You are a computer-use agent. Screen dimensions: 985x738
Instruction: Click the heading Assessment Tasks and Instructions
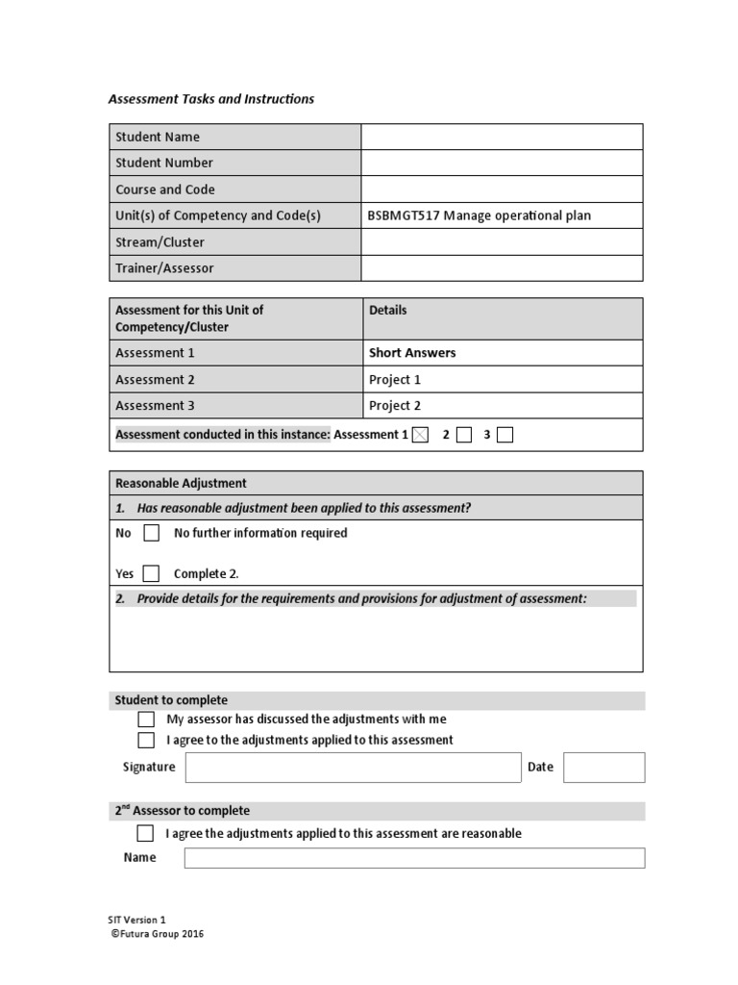(x=210, y=99)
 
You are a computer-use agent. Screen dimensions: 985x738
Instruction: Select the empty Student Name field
(x=502, y=137)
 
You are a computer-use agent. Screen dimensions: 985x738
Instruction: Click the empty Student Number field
(x=502, y=163)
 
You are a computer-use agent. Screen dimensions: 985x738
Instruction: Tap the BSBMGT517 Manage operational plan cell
(x=480, y=215)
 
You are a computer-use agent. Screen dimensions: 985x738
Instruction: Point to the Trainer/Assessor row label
(x=164, y=268)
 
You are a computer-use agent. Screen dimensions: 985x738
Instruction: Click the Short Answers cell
(x=412, y=353)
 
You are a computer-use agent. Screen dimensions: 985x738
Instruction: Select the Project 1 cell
(x=395, y=380)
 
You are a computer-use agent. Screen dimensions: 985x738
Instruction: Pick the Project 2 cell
(x=395, y=406)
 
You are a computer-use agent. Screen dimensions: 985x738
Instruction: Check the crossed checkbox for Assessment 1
(x=420, y=435)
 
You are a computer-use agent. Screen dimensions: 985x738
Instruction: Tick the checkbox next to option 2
(x=464, y=435)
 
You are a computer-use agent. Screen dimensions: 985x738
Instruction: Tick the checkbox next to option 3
(x=505, y=435)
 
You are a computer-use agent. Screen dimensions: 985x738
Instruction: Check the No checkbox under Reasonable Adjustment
(x=151, y=533)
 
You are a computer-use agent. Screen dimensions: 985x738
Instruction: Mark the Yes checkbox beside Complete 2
(x=151, y=574)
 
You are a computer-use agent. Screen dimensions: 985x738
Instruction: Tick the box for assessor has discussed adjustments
(x=146, y=720)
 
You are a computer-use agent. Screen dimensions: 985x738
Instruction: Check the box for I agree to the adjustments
(x=146, y=741)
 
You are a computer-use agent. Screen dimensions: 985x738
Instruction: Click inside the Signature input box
(x=353, y=768)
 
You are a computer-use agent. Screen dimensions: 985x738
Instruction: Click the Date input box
(x=603, y=768)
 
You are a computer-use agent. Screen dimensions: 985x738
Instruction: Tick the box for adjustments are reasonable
(x=145, y=833)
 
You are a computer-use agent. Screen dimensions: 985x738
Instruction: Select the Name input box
(x=414, y=858)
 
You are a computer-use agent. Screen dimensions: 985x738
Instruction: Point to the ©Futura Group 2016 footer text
(x=158, y=934)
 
